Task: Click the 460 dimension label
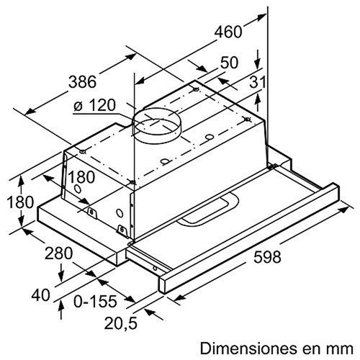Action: tap(228, 31)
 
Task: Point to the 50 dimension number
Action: tap(230, 64)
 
